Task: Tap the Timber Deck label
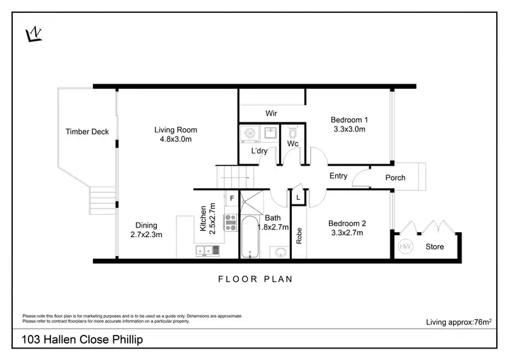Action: (87, 132)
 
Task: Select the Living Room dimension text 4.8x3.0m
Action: (176, 140)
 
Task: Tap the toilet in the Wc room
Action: (293, 131)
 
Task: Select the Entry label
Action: (338, 176)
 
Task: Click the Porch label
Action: (395, 178)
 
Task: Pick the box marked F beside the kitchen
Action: (231, 198)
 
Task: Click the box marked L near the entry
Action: (299, 197)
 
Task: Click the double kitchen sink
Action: (208, 251)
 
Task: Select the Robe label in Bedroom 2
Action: (299, 234)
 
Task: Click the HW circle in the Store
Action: (405, 246)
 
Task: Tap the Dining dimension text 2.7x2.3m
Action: (147, 235)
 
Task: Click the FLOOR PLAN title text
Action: (254, 278)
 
